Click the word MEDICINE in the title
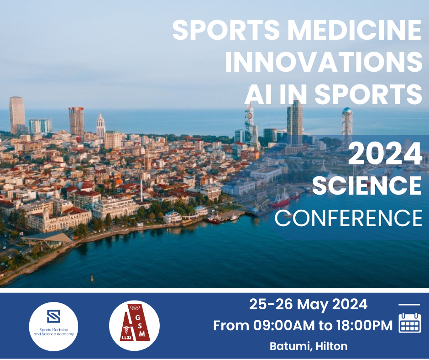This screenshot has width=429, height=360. click(354, 30)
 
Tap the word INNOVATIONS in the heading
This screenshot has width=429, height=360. click(324, 62)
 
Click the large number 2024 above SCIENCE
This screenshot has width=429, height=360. click(385, 154)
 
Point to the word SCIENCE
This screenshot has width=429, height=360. click(367, 185)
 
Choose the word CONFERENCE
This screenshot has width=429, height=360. click(349, 218)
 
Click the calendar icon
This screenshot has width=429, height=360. click(409, 323)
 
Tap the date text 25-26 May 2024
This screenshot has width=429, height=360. click(308, 304)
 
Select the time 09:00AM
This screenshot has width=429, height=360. click(284, 325)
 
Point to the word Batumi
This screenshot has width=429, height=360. click(291, 346)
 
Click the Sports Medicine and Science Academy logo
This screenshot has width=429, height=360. click(54, 326)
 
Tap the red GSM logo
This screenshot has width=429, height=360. click(134, 325)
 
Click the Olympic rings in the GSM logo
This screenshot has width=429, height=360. click(135, 307)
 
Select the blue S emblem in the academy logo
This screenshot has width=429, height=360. click(54, 316)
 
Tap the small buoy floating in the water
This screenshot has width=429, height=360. click(92, 279)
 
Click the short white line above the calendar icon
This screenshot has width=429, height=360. click(409, 304)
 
